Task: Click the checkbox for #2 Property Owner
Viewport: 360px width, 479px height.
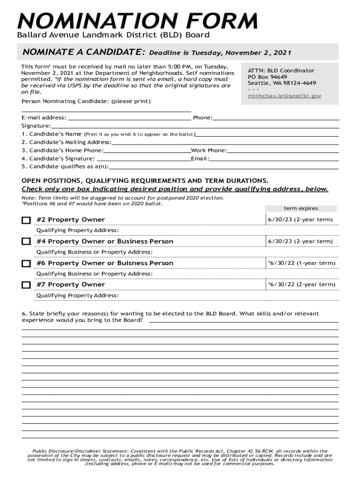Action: point(26,220)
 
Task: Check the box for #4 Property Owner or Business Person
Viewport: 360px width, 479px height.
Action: point(26,242)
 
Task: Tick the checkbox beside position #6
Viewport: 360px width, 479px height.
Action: point(26,263)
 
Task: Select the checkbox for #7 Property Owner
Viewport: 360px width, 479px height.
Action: point(26,285)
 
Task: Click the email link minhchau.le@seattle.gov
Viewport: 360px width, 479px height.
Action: point(284,95)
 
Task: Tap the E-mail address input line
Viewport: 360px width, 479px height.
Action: point(129,117)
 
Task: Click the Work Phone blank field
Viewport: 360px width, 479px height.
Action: point(283,150)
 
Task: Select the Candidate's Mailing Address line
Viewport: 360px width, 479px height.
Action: point(225,142)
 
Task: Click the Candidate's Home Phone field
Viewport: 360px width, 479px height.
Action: point(147,150)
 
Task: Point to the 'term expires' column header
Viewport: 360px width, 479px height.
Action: point(301,208)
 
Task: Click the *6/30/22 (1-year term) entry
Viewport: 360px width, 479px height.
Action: point(301,263)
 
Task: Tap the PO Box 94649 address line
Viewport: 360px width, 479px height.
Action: point(267,77)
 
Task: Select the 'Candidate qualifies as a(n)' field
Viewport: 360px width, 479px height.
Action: point(223,167)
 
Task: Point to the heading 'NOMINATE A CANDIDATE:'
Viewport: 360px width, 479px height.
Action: point(82,52)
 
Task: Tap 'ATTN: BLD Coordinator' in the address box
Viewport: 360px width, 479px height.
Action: point(281,71)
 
